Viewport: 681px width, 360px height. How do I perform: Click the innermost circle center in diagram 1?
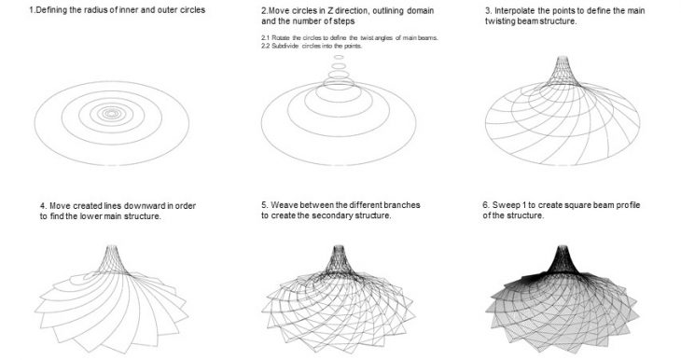(112, 114)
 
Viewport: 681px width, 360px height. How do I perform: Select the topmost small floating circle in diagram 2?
(339, 57)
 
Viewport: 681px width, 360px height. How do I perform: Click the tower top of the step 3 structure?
(563, 58)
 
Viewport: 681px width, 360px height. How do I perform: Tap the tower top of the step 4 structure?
(112, 247)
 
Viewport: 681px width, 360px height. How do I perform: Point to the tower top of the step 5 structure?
(339, 247)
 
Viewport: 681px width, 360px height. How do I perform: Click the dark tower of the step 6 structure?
(563, 259)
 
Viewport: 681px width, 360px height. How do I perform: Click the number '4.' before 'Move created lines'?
(44, 206)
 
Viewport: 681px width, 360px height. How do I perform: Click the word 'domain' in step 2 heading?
(421, 10)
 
